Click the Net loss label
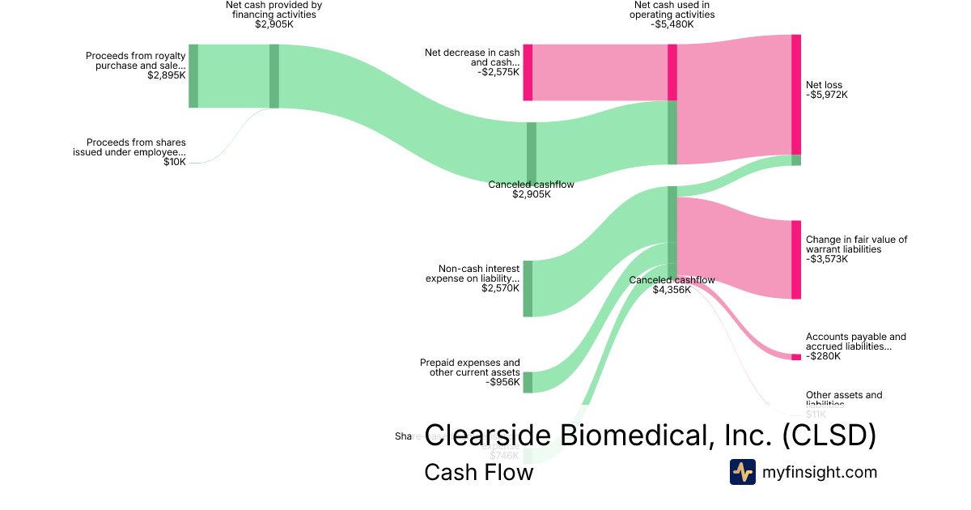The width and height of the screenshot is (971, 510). coord(824,85)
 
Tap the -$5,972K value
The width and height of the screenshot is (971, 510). coord(827,95)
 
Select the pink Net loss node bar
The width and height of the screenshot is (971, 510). coord(796,94)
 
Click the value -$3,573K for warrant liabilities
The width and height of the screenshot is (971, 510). coord(827,259)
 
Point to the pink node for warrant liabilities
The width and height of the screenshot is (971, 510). coord(796,259)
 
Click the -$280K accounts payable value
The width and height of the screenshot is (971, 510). coord(823,356)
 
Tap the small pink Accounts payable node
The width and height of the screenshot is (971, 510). coord(796,357)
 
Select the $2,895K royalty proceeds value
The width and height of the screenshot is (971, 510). coord(167,75)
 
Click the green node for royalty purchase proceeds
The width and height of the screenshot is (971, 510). coord(193,76)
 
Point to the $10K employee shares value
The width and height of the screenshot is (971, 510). coord(175,162)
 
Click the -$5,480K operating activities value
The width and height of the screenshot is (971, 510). coord(671,24)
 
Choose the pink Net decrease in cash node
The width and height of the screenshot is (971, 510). coord(528,72)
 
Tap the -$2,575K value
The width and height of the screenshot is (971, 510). coord(498,72)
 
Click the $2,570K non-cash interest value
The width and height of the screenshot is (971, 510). coord(500,288)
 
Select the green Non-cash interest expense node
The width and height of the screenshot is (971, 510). coord(528,288)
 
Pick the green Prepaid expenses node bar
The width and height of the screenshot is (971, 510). coord(528,382)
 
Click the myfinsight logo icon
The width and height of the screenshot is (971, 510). coord(742,472)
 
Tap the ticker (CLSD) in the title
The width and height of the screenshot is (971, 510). coord(829,435)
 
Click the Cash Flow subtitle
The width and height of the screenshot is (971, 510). coord(478,472)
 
